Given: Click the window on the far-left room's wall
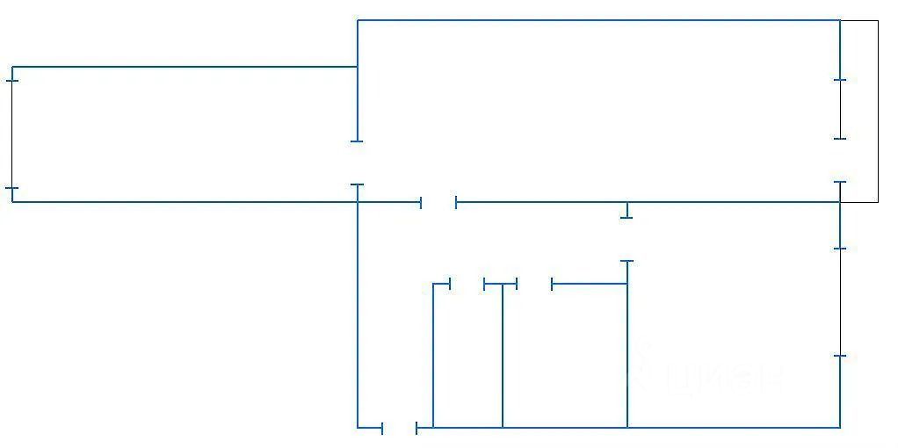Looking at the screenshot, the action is [11, 134].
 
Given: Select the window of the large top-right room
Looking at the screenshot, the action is [840, 109].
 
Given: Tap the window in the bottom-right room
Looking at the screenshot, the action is [840, 302].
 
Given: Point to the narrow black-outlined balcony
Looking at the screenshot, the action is [859, 111].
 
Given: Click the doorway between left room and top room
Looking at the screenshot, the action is [357, 163].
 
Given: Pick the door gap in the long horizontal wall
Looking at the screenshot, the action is [438, 203].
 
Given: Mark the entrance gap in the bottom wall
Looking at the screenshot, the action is [399, 428].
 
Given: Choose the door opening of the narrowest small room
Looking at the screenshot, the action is [467, 284].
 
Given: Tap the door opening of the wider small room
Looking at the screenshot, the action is [534, 284].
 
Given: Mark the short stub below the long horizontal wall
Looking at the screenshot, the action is [626, 211].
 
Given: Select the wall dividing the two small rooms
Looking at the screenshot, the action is [502, 356].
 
